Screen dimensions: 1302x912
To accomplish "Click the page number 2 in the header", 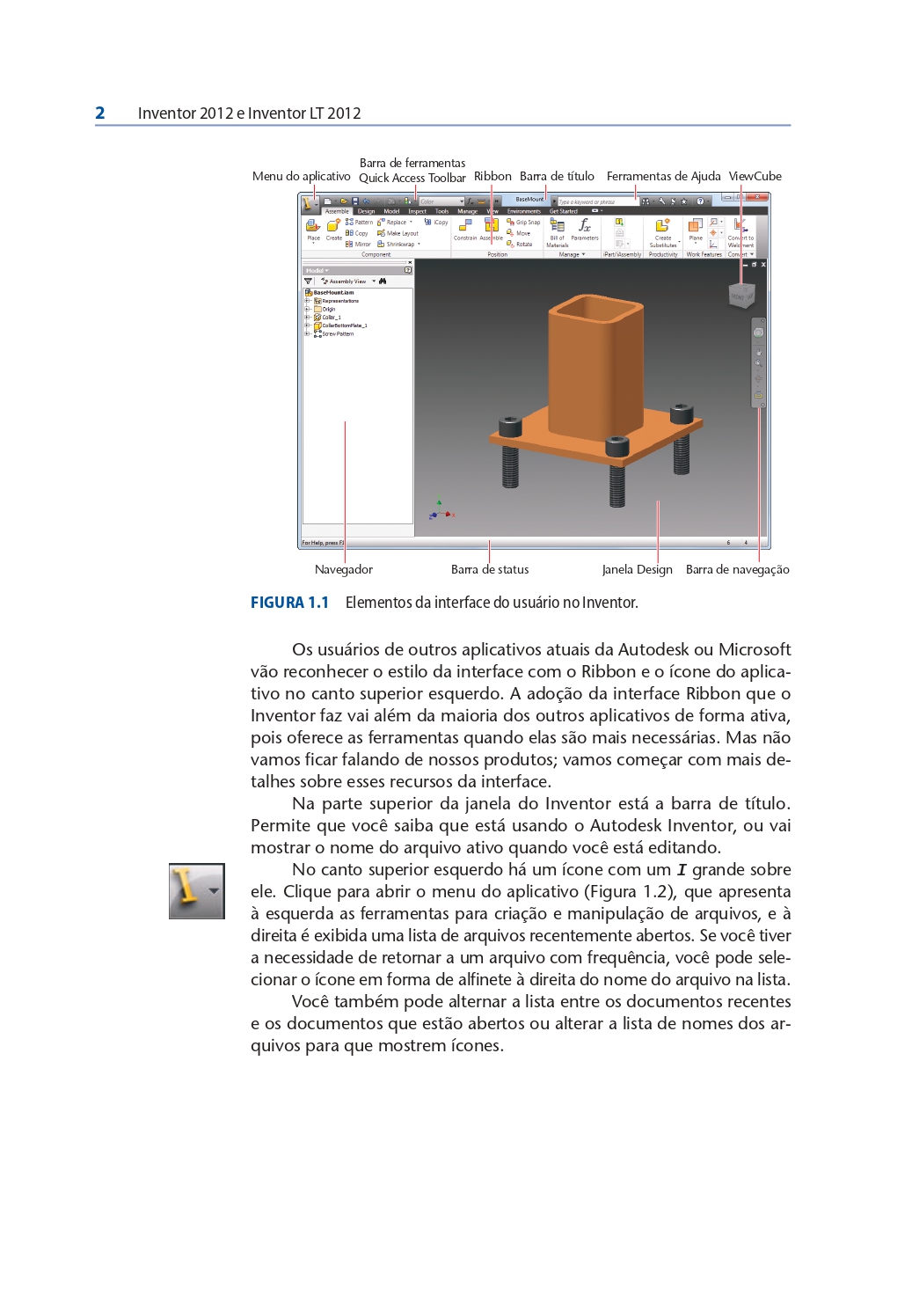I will (100, 113).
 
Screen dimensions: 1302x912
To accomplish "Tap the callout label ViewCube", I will (755, 176).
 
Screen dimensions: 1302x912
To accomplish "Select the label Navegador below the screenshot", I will (344, 569).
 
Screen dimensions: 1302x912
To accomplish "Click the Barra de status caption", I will (490, 569).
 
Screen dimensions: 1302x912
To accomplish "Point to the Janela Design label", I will (637, 569).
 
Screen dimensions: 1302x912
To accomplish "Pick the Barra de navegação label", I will (737, 569).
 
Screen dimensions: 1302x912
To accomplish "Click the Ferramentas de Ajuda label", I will (663, 176).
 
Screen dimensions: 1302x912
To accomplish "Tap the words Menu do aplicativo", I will (301, 176).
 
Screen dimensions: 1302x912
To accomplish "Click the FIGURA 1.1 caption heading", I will (289, 603).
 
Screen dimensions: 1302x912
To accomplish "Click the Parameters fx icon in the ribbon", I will (584, 227).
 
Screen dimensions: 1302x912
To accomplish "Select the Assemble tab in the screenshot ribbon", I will (337, 211).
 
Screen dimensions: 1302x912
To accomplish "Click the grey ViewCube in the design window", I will (741, 296).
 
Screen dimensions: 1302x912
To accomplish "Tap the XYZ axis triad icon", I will (440, 510).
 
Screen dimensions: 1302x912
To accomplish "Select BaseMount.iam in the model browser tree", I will (333, 292).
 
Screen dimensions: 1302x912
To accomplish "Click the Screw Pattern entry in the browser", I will (338, 334).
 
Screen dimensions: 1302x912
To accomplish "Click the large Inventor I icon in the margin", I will (196, 890).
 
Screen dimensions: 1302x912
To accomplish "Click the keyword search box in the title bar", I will (594, 201).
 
